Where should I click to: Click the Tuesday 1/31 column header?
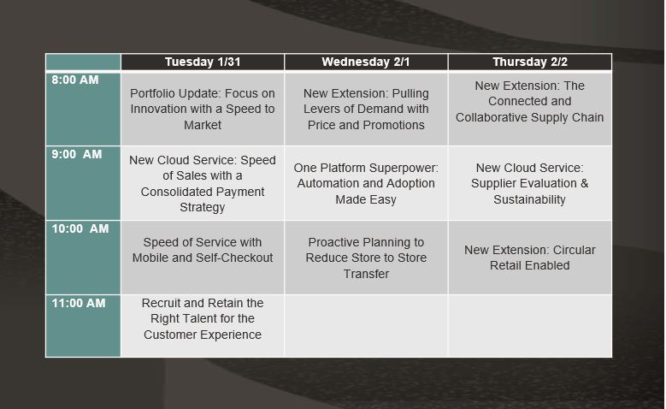[x=202, y=62]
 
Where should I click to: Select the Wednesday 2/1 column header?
[x=366, y=62]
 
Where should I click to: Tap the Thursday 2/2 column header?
[x=529, y=62]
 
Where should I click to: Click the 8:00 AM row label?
[x=75, y=80]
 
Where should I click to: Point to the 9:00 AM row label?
[x=76, y=155]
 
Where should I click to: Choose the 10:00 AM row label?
[x=80, y=229]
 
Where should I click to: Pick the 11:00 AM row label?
[x=79, y=303]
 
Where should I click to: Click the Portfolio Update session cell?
[x=202, y=109]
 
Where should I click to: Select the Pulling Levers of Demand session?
[x=366, y=109]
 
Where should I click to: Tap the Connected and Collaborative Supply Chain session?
[x=529, y=102]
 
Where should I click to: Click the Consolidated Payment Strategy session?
[x=202, y=183]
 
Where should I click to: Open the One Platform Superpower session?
[x=366, y=183]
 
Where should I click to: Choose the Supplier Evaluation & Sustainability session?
[x=529, y=183]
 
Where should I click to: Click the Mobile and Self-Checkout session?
[x=202, y=250]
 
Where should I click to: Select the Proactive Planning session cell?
[x=366, y=258]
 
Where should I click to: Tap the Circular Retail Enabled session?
[x=529, y=258]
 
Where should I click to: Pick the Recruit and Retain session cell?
[x=202, y=319]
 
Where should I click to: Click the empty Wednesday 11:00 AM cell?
[x=366, y=326]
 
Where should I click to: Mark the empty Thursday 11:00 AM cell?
[x=529, y=326]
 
